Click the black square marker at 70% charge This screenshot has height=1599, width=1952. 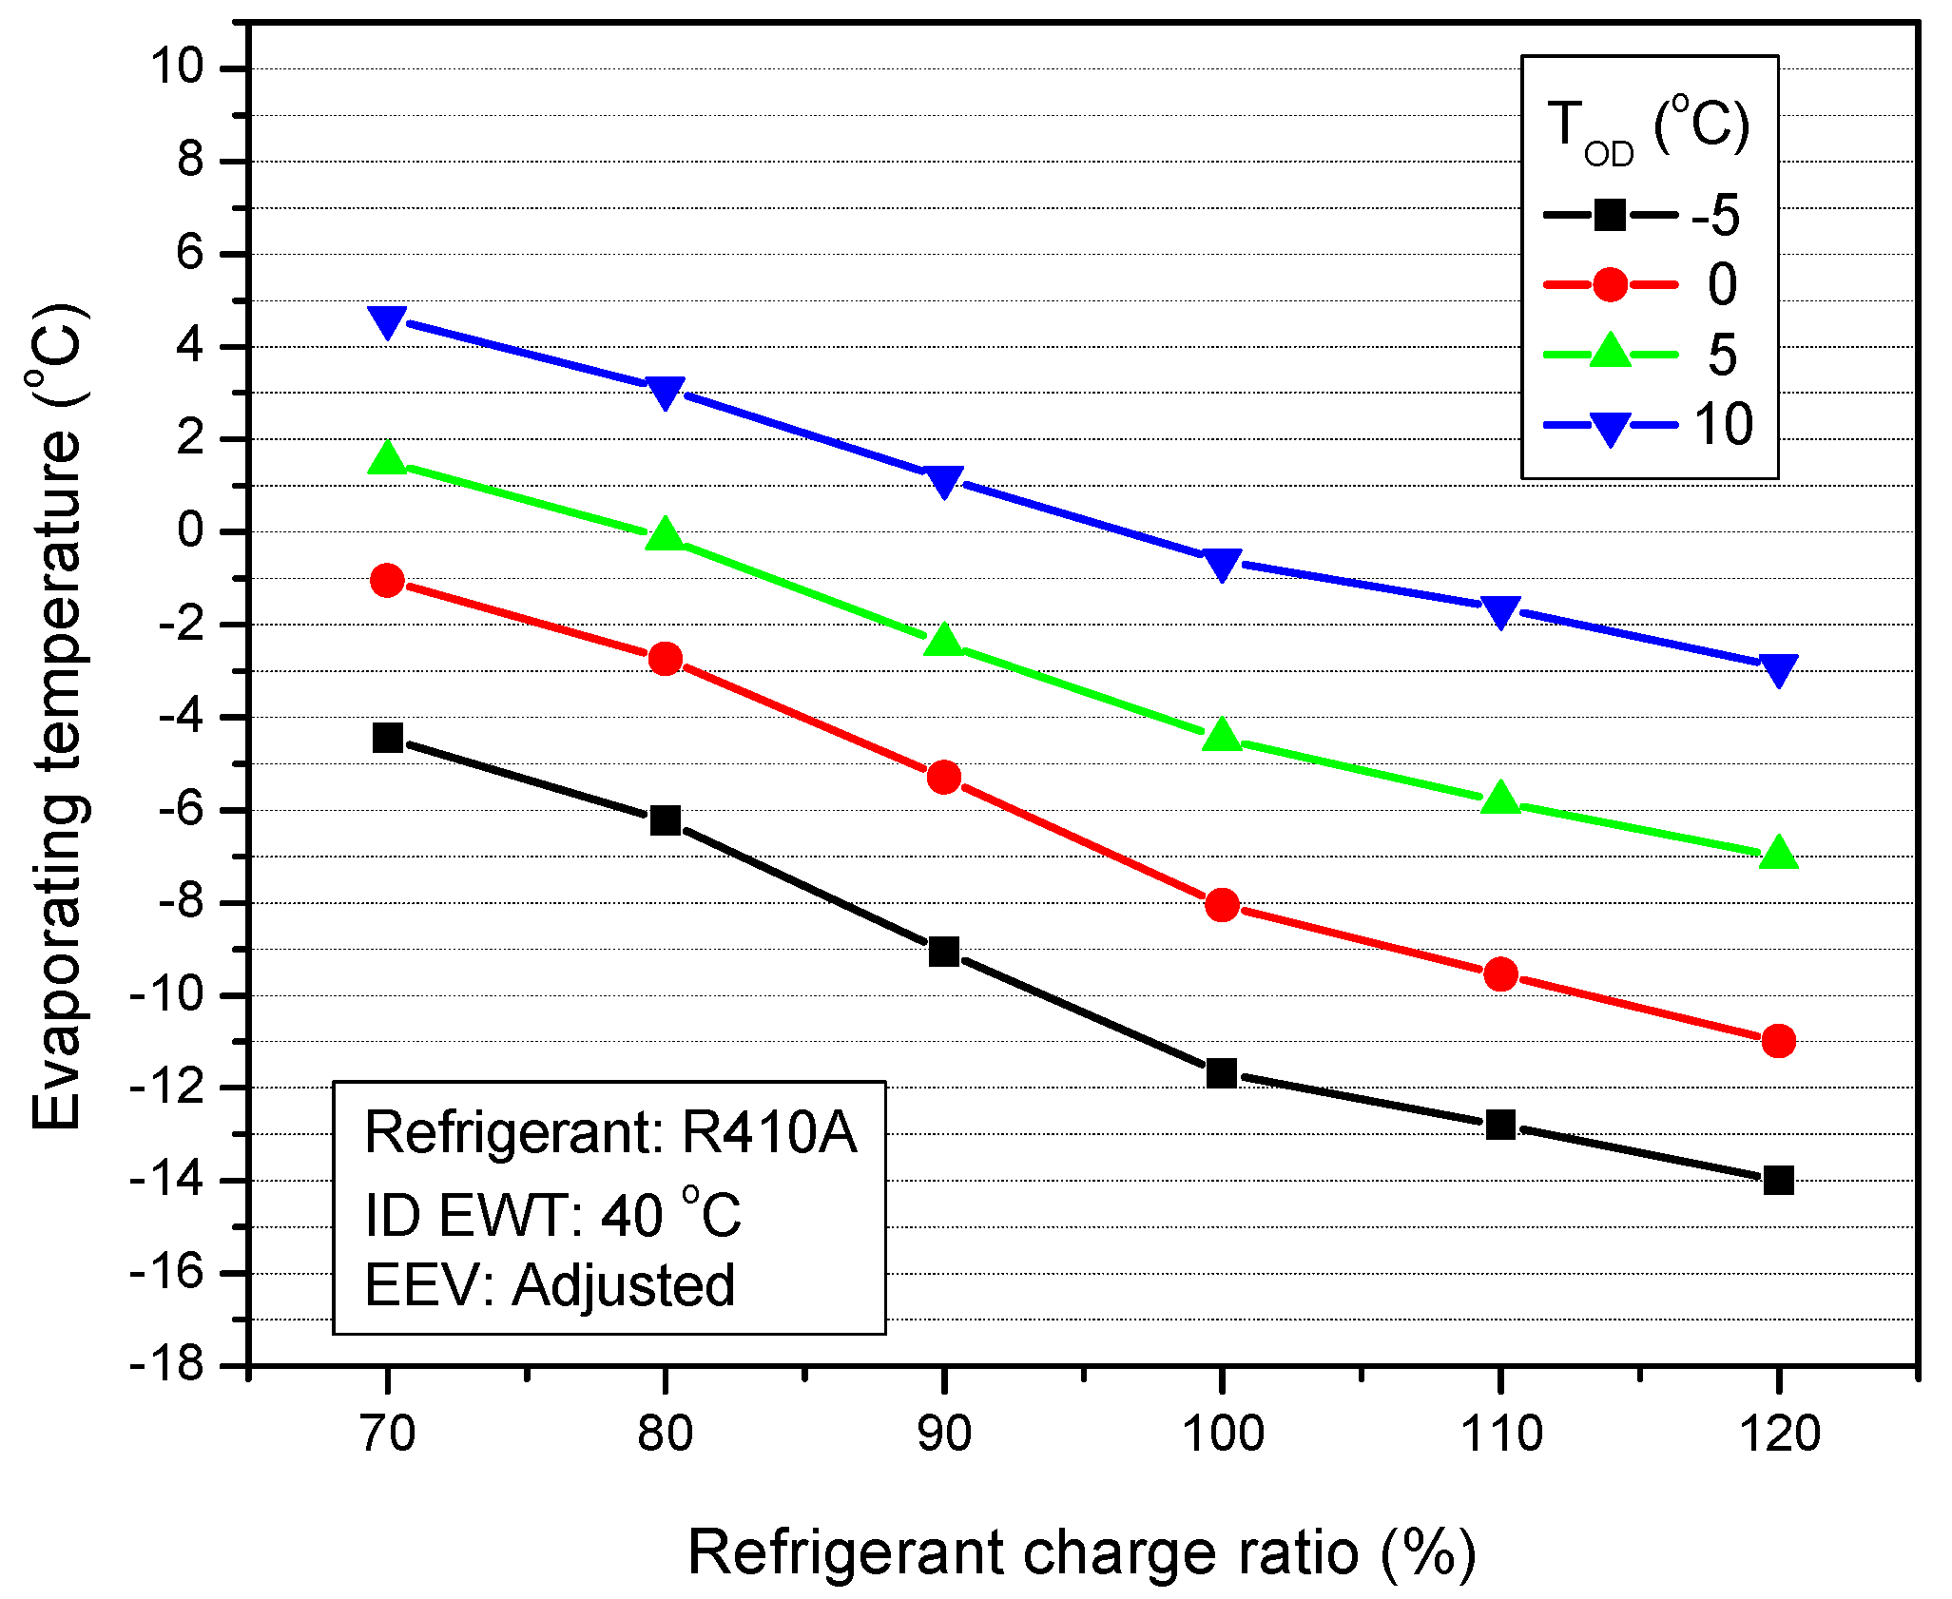388,737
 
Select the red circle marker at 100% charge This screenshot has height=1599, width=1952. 1222,904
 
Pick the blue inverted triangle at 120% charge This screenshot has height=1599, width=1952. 1778,668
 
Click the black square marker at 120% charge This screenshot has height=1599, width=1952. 1778,1180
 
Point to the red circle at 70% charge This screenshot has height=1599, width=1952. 387,580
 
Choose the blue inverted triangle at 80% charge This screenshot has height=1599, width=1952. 666,391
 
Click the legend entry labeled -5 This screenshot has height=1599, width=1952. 1716,216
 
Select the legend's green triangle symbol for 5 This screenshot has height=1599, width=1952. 1610,351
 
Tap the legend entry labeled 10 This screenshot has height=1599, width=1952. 1723,424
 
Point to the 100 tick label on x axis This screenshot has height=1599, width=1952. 1222,1434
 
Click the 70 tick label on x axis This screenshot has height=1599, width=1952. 388,1434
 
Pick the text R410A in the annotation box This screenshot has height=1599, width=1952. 768,1133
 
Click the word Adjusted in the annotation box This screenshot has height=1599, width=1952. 623,1285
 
